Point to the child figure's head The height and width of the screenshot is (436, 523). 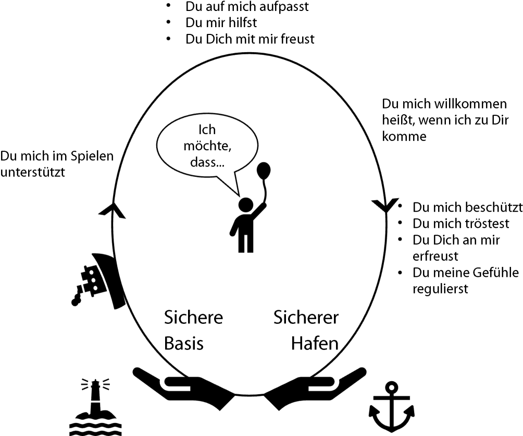[245, 204]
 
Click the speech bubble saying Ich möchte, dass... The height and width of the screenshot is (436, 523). [207, 147]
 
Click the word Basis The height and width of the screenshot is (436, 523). [184, 344]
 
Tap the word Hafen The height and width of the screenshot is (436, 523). [315, 344]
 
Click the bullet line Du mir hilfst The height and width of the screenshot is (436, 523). [221, 23]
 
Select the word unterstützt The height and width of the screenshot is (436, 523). [33, 173]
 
